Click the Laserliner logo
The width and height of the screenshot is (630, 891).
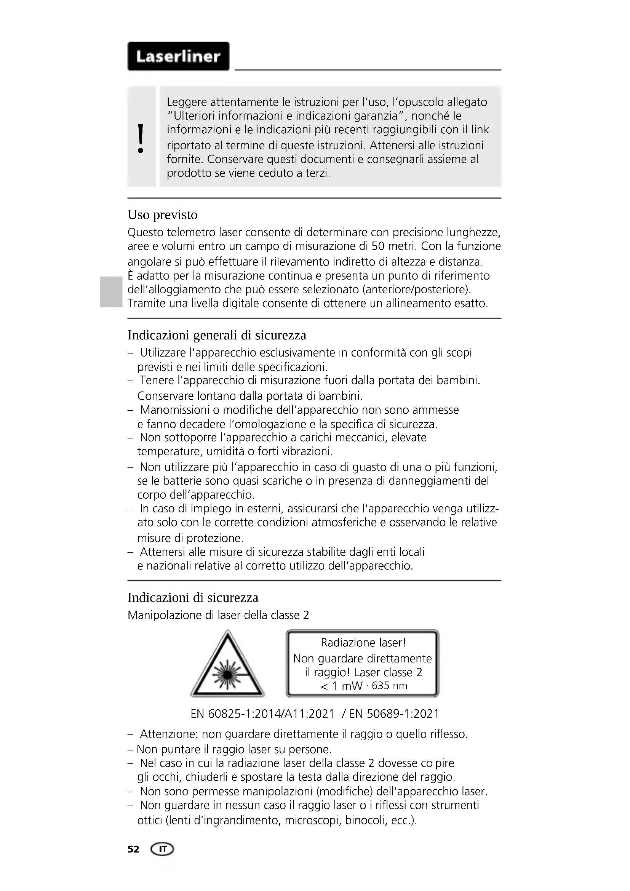click(x=178, y=56)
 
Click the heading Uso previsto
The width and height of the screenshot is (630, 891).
click(x=163, y=214)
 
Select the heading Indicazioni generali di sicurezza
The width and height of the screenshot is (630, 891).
click(x=217, y=335)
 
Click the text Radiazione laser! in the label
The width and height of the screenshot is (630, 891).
click(x=363, y=643)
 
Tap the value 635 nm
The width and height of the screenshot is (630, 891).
click(x=390, y=686)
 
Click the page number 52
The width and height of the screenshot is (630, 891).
click(x=133, y=849)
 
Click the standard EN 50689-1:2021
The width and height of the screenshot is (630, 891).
click(x=394, y=713)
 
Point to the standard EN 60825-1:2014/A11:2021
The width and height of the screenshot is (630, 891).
click(x=262, y=713)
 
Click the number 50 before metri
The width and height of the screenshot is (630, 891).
click(x=378, y=246)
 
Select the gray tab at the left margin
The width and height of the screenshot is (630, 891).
click(x=110, y=291)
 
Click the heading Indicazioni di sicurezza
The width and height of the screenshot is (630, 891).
click(x=193, y=597)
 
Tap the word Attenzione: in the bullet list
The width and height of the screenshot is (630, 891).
click(x=169, y=734)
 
